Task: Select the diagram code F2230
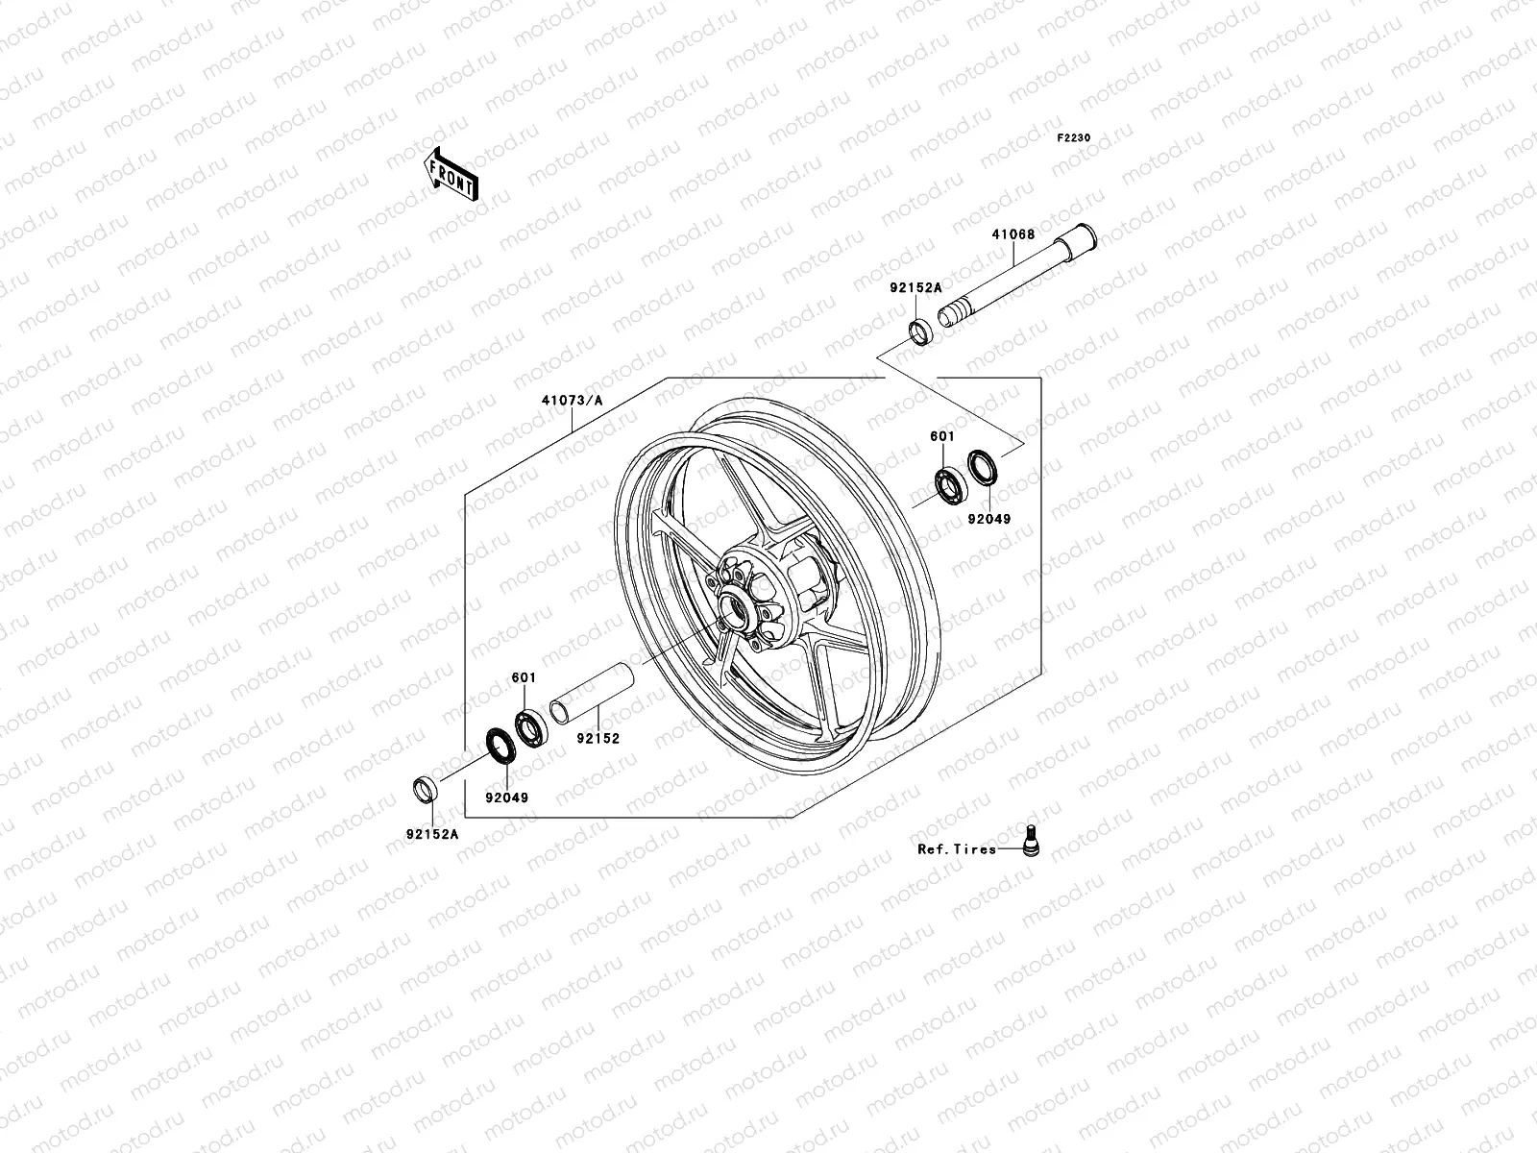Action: tap(1074, 138)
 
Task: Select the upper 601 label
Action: tap(942, 436)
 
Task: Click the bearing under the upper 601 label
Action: tap(950, 483)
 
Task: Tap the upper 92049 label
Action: tap(989, 519)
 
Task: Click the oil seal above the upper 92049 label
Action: tap(981, 466)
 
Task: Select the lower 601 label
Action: tap(523, 677)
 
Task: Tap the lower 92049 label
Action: tap(506, 797)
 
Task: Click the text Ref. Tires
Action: tap(957, 849)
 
